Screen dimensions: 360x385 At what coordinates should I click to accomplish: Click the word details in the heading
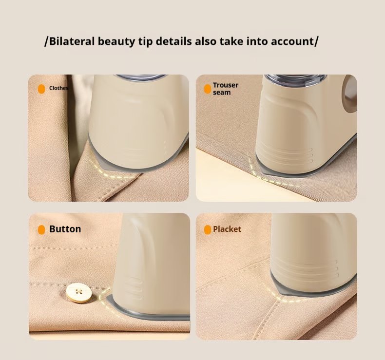coord(173,41)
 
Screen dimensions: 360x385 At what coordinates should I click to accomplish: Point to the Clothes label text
coord(58,88)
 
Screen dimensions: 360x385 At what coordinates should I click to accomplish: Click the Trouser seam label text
coord(226,88)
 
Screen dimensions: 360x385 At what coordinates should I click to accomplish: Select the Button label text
coord(65,229)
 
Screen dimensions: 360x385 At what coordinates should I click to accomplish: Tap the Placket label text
coord(227,229)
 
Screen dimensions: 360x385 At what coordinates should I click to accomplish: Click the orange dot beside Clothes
coord(41,89)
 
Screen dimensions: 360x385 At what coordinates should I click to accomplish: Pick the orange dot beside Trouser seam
coord(208,89)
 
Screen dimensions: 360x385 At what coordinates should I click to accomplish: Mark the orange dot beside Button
coord(41,229)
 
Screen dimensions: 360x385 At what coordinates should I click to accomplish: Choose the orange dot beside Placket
coord(208,229)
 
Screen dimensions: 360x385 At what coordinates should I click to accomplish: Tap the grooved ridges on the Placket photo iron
coord(331,268)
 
